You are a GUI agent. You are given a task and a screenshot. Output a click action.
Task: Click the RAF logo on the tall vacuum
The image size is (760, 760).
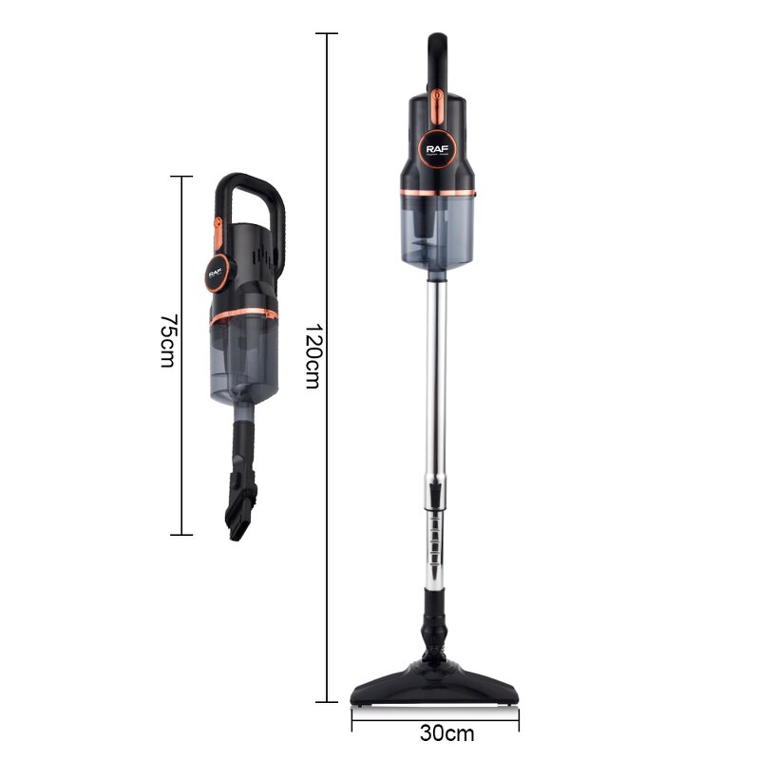(x=438, y=148)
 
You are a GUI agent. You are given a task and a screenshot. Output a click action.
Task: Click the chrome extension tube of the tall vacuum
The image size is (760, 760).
(x=438, y=380)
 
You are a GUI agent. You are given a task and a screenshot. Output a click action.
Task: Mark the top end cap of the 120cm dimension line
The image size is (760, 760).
(x=327, y=34)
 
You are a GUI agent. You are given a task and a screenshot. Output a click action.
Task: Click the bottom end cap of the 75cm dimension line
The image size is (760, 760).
(x=180, y=535)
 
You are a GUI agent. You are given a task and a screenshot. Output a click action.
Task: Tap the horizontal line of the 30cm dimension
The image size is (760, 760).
(x=380, y=718)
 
